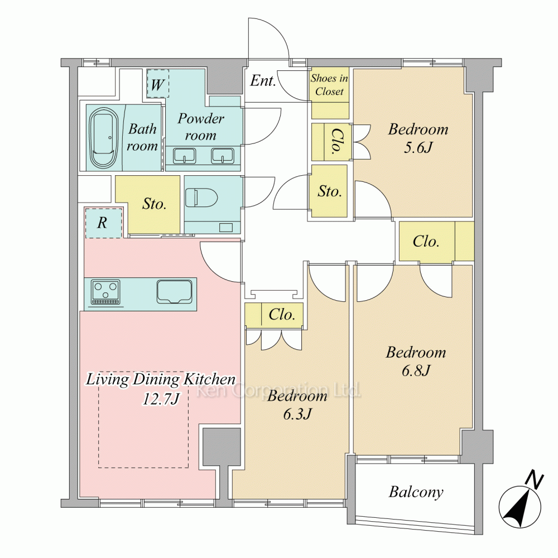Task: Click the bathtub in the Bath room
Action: (x=103, y=138)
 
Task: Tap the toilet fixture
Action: (x=201, y=198)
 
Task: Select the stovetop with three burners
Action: (x=105, y=292)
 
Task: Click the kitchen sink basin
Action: (x=174, y=292)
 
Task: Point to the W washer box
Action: (x=158, y=83)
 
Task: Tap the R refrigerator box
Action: (x=103, y=223)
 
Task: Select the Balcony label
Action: (x=416, y=492)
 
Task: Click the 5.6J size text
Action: (x=418, y=147)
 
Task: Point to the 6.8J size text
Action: (x=416, y=371)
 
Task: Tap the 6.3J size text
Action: (x=297, y=414)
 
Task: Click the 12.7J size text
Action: (x=161, y=398)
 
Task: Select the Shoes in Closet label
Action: (x=330, y=85)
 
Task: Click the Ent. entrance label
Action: (x=263, y=81)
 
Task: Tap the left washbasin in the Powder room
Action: (x=184, y=156)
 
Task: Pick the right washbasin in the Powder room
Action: (x=223, y=156)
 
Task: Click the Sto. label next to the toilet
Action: (x=154, y=204)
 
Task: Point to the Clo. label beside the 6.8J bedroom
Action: (x=426, y=242)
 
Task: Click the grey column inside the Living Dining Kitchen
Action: (x=222, y=446)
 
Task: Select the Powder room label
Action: (x=201, y=127)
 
